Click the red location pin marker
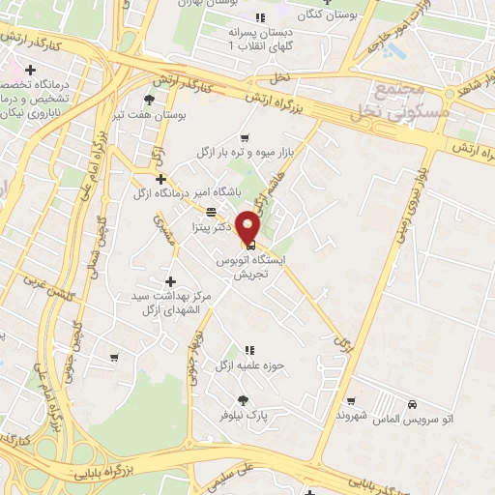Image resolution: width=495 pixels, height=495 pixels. (249, 227)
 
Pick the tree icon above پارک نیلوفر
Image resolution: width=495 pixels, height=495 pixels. (243, 400)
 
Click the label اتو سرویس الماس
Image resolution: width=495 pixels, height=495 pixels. (414, 416)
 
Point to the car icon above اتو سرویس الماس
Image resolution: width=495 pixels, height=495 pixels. (413, 402)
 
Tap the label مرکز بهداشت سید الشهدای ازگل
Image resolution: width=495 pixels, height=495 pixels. (170, 303)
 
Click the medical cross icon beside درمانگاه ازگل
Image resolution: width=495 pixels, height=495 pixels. (160, 179)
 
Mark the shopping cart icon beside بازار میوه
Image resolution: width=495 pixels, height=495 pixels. (244, 137)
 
